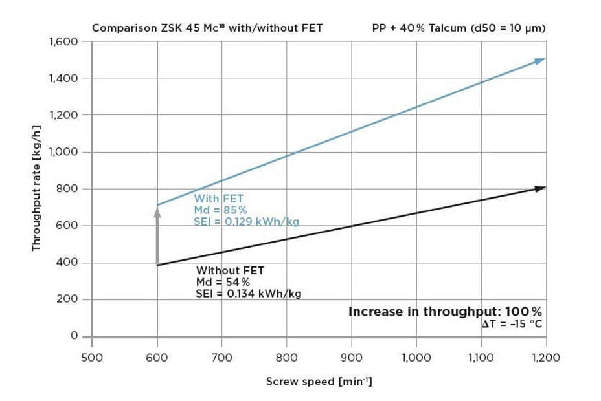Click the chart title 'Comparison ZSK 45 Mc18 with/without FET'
point(207,28)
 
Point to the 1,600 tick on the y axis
point(63,42)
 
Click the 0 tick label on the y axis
point(74,336)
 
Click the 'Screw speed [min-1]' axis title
point(319,381)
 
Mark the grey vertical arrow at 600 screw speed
point(157,236)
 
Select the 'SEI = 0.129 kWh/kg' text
point(246,221)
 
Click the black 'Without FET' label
point(230,270)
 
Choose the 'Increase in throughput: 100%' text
point(445,312)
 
